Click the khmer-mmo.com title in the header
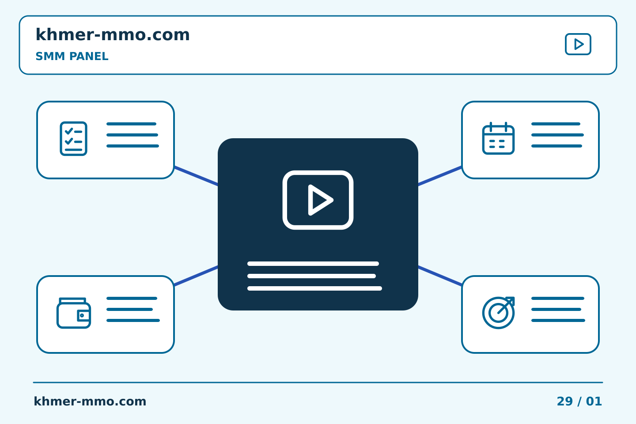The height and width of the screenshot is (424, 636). pos(113,34)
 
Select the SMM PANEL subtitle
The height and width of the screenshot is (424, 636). pos(72,56)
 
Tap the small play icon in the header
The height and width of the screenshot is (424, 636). pos(578,44)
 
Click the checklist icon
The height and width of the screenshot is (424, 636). pos(73,139)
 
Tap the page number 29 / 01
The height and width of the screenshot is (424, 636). pos(579,401)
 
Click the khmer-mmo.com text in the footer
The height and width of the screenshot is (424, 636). pos(90,401)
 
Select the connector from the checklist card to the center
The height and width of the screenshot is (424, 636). pos(196,176)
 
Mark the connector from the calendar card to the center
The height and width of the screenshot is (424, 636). pos(440,176)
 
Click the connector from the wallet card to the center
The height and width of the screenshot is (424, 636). pos(196,276)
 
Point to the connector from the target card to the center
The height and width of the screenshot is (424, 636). pos(440,276)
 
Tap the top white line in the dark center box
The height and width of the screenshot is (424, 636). pos(313,264)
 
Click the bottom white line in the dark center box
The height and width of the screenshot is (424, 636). pos(314,288)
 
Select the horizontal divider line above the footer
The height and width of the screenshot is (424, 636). pos(318,382)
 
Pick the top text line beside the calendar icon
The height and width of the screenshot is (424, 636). pos(556,124)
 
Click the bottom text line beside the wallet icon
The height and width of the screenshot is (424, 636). pos(133,320)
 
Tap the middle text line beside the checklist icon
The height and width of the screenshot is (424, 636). pos(132,135)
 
